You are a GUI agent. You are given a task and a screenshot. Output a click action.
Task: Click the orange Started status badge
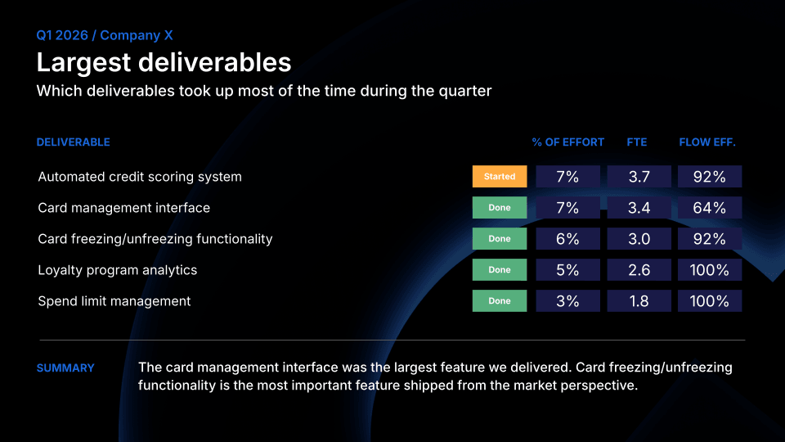[500, 177]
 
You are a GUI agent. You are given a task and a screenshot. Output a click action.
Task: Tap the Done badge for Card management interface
[500, 208]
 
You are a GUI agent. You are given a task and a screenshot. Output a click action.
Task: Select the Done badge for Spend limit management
[500, 301]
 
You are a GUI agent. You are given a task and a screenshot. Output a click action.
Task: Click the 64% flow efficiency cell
[709, 208]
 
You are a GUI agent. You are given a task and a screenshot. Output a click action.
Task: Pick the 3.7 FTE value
[639, 177]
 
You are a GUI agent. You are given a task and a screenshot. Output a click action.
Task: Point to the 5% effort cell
[567, 270]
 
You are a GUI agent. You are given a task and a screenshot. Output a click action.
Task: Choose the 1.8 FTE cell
[639, 301]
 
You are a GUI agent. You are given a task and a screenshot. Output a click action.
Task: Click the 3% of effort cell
[567, 301]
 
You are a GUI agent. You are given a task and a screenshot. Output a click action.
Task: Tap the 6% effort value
[567, 239]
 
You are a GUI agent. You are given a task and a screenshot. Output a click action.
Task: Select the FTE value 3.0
[639, 239]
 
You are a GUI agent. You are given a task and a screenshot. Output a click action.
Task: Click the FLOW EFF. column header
[707, 142]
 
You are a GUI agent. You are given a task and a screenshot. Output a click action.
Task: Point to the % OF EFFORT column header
[567, 142]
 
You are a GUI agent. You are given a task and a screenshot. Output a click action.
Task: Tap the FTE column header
[636, 142]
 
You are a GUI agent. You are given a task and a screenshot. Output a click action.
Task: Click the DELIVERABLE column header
[73, 142]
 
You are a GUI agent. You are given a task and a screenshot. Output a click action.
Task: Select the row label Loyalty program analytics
[117, 270]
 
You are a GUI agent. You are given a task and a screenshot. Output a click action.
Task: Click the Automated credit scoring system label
[140, 177]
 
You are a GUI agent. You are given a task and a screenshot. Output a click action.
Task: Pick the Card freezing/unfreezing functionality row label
[155, 239]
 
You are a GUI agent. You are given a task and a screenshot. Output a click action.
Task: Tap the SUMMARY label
[65, 368]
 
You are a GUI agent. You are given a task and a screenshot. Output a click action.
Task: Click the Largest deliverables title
[164, 62]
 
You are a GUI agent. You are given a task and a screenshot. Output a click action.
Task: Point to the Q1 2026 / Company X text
[105, 35]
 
